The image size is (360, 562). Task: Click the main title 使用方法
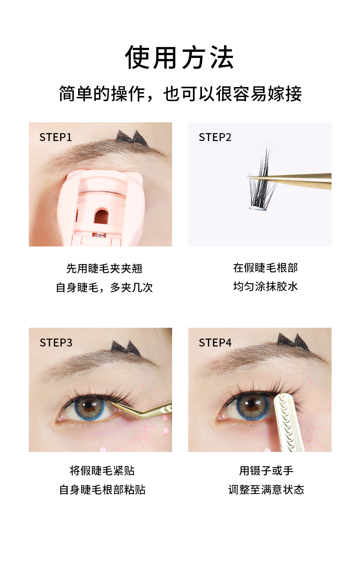click(x=179, y=58)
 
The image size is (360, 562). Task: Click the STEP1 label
click(x=55, y=137)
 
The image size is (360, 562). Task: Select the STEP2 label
click(x=215, y=137)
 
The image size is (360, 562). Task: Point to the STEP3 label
click(x=56, y=343)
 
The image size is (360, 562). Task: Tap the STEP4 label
click(x=215, y=343)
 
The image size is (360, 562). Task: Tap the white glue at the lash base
click(x=257, y=208)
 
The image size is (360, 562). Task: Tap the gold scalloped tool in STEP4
click(x=288, y=421)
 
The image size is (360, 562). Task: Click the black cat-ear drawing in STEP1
click(x=132, y=137)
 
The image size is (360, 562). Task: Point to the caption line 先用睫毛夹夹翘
click(x=104, y=268)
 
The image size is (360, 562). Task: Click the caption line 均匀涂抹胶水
click(x=265, y=286)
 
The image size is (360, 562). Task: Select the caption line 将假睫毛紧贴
click(x=102, y=471)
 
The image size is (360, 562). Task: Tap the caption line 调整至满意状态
click(x=266, y=490)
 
